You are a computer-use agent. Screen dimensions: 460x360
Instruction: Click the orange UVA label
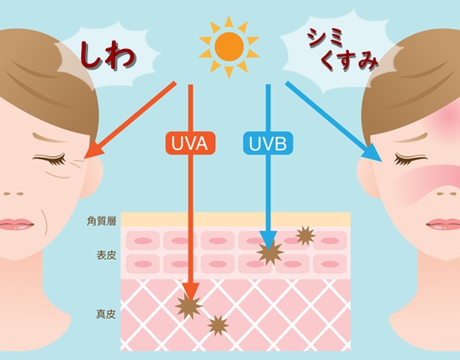coord(190,143)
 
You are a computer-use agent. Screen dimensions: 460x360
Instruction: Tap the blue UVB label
coord(268,143)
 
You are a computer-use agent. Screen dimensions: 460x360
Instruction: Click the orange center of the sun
coord(229,47)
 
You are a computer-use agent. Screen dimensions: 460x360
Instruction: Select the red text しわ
coord(107,56)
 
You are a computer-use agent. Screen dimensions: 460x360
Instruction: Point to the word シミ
coord(325,39)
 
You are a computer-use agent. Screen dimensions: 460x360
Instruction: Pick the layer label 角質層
coord(101,221)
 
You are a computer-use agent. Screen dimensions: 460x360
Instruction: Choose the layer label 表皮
coord(107,255)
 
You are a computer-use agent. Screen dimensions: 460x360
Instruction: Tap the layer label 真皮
coord(107,314)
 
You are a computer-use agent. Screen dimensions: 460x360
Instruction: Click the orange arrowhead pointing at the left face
coord(94,150)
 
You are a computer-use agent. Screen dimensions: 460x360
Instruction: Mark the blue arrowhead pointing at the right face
coord(373,152)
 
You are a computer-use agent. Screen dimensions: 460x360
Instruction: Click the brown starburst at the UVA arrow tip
coord(189,306)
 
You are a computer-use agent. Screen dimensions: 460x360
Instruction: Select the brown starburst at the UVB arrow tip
coord(270,253)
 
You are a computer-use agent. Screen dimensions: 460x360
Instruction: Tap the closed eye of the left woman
coord(50,159)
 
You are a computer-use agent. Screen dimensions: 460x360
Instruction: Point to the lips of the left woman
coord(16,224)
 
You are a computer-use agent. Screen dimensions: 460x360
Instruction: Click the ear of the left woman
coord(93,178)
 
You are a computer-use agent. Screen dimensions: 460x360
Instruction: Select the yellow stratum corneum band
coord(235,219)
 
